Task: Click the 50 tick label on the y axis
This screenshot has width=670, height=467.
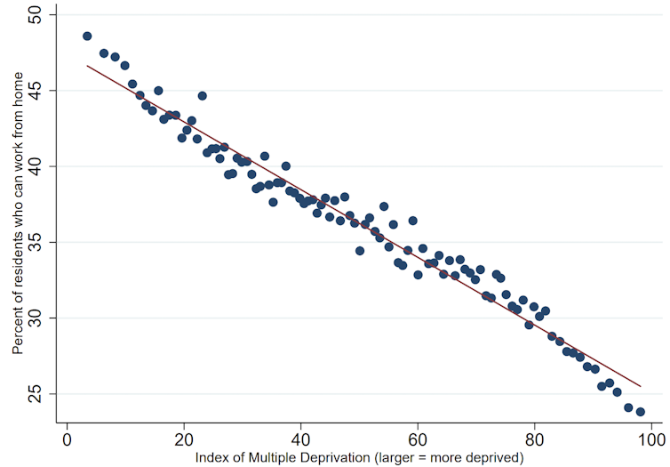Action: [x=42, y=15]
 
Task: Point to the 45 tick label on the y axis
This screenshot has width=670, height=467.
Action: [x=42, y=91]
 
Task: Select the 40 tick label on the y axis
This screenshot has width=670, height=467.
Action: [x=42, y=166]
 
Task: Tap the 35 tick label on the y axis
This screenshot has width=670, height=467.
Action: [x=42, y=242]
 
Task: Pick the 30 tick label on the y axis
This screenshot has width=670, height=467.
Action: [x=42, y=318]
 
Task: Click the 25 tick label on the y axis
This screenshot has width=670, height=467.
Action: [x=42, y=393]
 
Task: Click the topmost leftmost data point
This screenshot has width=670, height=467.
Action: [x=87, y=36]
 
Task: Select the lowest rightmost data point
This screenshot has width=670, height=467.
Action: [x=641, y=412]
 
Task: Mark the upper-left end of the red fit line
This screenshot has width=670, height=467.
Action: [x=86, y=65]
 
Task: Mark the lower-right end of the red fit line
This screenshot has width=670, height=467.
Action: [x=641, y=387]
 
